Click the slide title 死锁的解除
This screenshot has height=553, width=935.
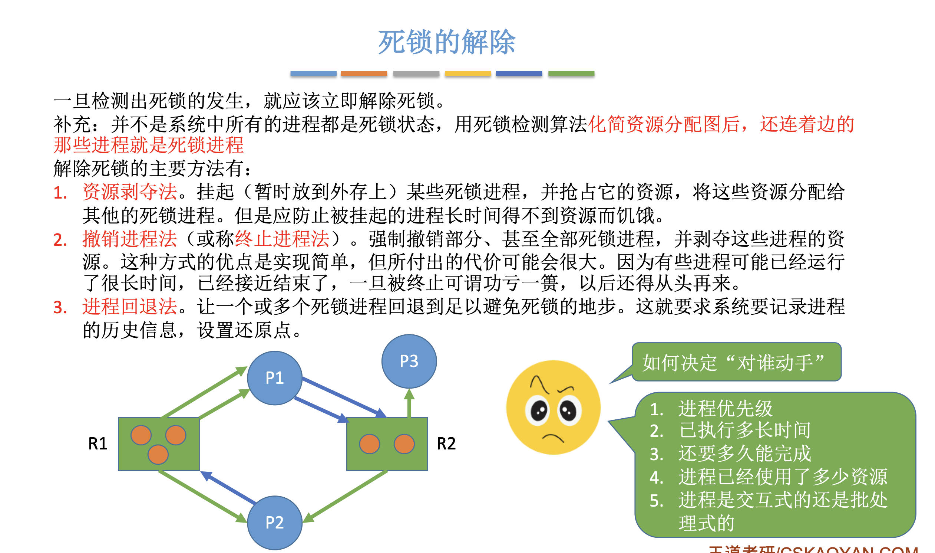coord(446,42)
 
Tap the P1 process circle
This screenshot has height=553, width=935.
coord(275,378)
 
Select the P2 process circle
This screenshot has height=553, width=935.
coord(275,523)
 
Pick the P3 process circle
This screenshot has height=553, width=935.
coord(409,361)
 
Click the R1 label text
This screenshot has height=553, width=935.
coord(98,444)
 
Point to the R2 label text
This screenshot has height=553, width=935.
coord(446,444)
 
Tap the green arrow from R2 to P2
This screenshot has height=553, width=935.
coord(346,495)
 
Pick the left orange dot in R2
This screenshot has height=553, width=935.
coord(369,444)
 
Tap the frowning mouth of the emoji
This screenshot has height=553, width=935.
coord(553,438)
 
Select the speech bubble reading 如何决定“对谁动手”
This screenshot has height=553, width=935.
coord(736,362)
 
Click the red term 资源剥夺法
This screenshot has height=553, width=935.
coord(129,192)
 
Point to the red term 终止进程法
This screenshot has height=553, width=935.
coord(282,239)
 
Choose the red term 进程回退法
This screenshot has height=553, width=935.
coord(129,307)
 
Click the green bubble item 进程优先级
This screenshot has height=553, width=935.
coord(725,408)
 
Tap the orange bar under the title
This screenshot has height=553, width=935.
coord(364,73)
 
